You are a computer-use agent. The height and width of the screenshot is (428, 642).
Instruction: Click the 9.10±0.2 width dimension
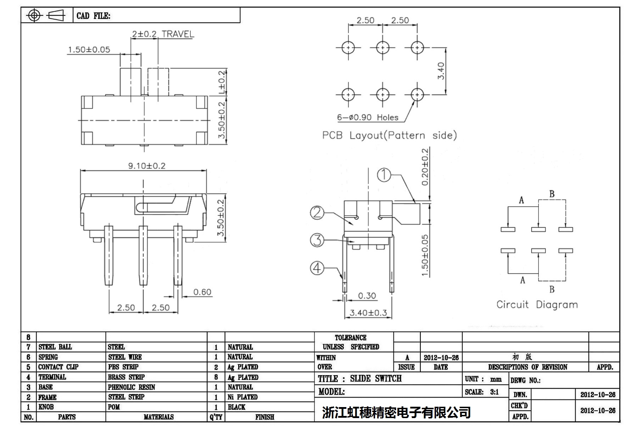(146, 166)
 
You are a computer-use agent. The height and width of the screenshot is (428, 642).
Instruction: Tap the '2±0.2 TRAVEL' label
(163, 34)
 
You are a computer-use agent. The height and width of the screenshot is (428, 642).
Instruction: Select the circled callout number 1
(384, 174)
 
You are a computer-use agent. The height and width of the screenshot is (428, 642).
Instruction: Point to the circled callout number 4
(317, 268)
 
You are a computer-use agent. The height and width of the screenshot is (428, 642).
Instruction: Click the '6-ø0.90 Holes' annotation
(368, 117)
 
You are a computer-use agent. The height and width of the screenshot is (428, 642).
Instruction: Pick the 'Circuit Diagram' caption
(537, 305)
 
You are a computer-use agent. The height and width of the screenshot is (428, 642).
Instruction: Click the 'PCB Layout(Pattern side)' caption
(389, 135)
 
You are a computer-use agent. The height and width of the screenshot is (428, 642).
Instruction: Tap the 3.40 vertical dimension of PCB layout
(441, 71)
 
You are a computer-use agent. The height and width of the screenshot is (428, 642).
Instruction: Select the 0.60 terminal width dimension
(202, 292)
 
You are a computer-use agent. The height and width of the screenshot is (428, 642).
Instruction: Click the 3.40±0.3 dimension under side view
(368, 313)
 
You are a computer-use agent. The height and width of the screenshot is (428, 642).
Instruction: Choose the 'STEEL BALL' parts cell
(55, 347)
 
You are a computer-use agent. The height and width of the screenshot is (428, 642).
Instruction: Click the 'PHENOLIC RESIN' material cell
(132, 387)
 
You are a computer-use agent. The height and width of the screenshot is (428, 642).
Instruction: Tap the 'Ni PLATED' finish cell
(242, 397)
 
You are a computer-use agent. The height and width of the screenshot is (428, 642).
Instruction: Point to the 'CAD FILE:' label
(93, 16)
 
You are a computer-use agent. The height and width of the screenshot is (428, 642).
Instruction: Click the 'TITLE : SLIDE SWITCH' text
(359, 379)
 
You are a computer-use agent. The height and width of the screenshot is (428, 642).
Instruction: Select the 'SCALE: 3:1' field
(482, 392)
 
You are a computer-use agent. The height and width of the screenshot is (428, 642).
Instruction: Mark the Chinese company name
(396, 412)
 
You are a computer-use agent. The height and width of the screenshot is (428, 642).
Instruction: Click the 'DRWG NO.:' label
(525, 380)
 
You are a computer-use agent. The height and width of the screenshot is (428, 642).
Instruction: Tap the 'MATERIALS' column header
(158, 417)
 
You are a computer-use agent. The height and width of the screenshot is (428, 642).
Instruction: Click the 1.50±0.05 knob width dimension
(89, 50)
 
